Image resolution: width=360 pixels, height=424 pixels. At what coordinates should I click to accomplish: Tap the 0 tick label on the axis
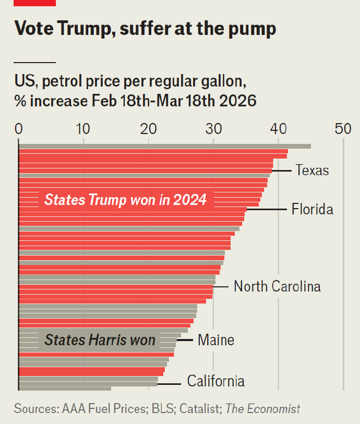coord(19,129)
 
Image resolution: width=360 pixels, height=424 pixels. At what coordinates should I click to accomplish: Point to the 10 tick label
coord(83,129)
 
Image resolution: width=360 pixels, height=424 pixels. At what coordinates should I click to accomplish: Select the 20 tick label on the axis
coord(149,129)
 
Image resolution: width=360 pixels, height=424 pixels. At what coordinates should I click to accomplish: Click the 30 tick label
coord(213,129)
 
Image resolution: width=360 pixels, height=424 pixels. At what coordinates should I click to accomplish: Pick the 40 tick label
coord(279,129)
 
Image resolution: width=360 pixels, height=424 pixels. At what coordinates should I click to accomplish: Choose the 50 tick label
coord(343,129)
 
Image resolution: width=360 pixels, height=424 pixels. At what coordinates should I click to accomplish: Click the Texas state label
coord(312,170)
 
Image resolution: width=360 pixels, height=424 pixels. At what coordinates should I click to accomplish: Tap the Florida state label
coord(312,210)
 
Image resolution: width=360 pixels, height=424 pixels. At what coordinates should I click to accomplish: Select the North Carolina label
coord(277,286)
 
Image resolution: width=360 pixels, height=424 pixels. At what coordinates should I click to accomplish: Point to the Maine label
coord(216,341)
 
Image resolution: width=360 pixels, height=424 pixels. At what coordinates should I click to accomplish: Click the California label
coord(215,381)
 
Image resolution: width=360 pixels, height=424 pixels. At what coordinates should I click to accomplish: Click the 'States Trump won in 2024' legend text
coord(125,200)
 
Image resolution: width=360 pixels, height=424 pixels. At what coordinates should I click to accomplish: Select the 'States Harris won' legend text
coord(100,340)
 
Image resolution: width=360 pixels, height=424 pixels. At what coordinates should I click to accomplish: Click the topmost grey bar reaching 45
coord(164,146)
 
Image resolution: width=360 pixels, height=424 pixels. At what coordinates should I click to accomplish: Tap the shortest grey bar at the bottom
coord(65,388)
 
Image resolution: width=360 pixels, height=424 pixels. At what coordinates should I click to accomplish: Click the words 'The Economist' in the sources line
coord(262,409)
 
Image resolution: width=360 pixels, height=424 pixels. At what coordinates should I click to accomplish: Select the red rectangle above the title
coord(34,3)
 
